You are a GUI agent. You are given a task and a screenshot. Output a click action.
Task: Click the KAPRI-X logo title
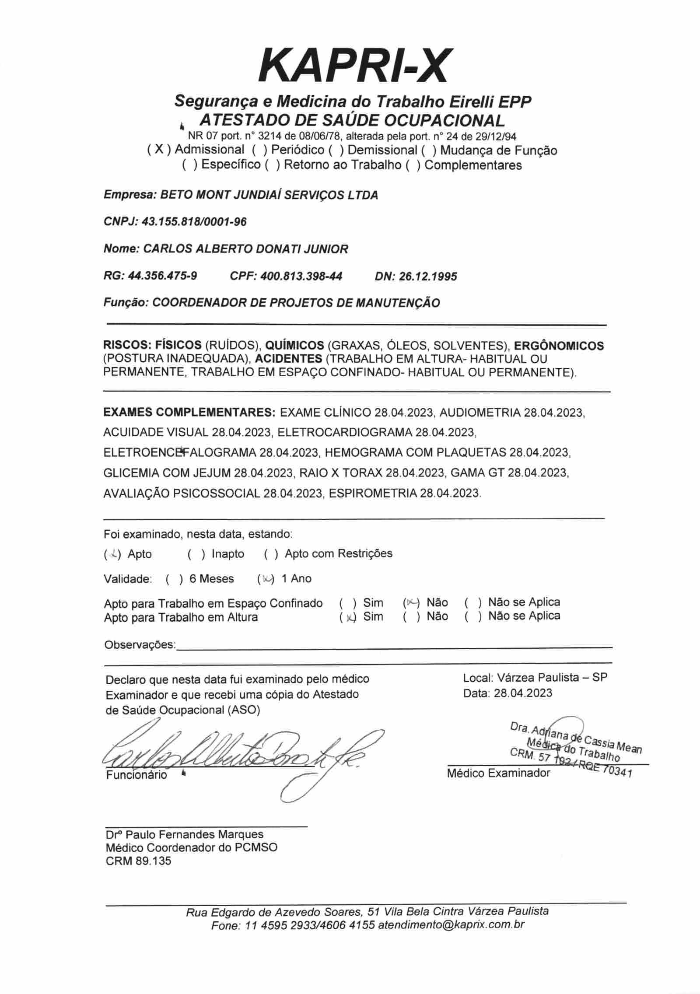(x=353, y=66)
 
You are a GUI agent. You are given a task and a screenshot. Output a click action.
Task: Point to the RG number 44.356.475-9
(x=162, y=276)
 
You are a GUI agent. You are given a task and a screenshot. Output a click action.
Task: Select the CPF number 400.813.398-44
(x=301, y=276)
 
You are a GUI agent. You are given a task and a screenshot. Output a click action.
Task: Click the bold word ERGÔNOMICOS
(x=559, y=346)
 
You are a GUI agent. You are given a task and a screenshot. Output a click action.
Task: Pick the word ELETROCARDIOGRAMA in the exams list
(x=345, y=432)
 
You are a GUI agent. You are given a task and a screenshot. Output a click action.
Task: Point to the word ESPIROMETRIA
(x=373, y=493)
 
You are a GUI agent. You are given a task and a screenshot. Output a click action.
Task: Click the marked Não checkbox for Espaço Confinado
(x=411, y=603)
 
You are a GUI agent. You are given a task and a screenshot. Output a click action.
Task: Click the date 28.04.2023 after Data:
(x=523, y=693)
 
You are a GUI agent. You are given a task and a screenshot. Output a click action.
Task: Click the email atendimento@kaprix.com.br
(x=451, y=925)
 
